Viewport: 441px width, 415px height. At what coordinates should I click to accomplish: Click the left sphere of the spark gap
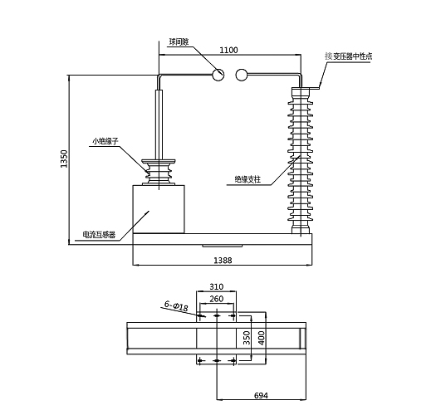tap(218, 75)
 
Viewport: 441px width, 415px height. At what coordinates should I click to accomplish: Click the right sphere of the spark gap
tap(242, 75)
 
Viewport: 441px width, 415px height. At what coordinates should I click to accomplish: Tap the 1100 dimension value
tap(228, 50)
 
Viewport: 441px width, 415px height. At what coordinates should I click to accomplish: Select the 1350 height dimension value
tap(65, 159)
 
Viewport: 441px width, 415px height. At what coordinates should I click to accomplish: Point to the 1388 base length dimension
tap(223, 261)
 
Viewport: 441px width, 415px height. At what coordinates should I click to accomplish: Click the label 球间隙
tap(179, 41)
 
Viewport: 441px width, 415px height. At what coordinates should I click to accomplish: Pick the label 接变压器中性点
tap(349, 56)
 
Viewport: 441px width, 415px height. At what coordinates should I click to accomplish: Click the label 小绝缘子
tap(105, 141)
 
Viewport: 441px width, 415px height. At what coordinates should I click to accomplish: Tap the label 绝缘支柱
tap(247, 179)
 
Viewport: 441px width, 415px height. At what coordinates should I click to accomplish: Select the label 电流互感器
tap(99, 235)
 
